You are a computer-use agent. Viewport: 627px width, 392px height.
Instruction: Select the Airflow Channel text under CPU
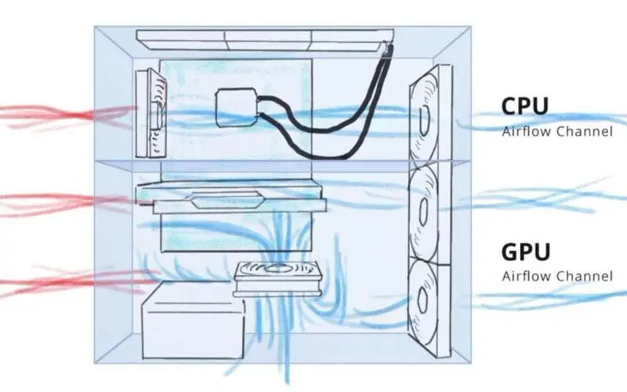(x=556, y=132)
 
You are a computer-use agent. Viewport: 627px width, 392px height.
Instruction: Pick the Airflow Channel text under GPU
(x=556, y=276)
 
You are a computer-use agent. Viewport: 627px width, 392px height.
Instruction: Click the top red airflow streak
(x=63, y=115)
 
